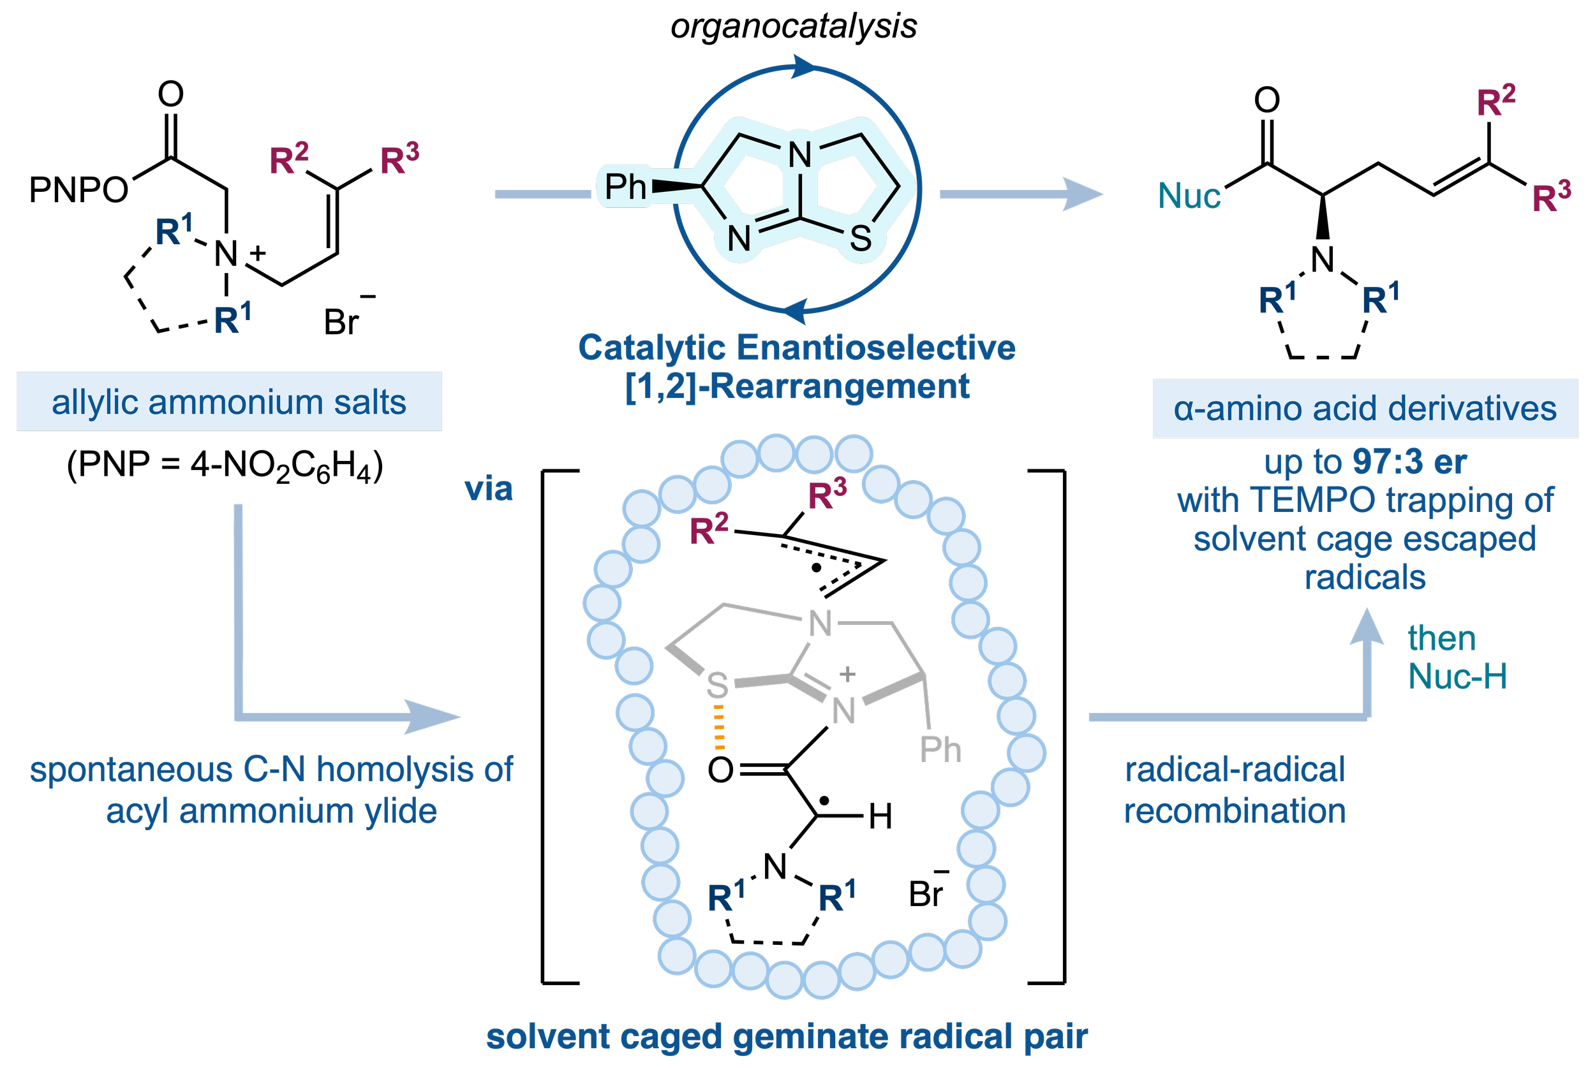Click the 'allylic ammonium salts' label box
[x=229, y=402]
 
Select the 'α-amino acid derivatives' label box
[x=1365, y=409]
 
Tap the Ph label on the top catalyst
[x=625, y=186]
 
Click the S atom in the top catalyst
[x=861, y=238]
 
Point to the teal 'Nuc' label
[x=1189, y=196]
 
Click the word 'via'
[x=488, y=489]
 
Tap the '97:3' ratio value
[x=1388, y=462]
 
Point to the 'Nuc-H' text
[x=1457, y=677]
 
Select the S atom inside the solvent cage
[x=718, y=685]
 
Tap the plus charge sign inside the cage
[x=847, y=675]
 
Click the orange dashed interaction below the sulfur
[x=719, y=728]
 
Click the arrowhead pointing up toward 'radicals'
[x=1367, y=627]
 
